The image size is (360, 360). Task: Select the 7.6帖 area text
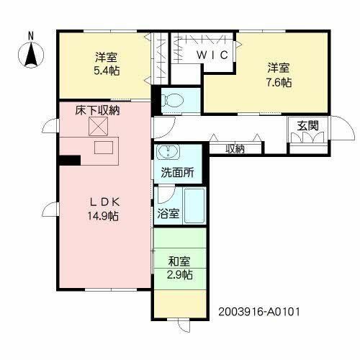(279, 83)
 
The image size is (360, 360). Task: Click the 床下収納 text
(97, 110)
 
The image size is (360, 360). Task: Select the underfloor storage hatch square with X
(97, 127)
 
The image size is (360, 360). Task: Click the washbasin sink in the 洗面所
(167, 153)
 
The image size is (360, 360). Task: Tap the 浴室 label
(167, 214)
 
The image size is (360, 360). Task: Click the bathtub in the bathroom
(194, 206)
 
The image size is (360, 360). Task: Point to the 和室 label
(180, 261)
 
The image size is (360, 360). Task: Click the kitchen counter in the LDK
(103, 148)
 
